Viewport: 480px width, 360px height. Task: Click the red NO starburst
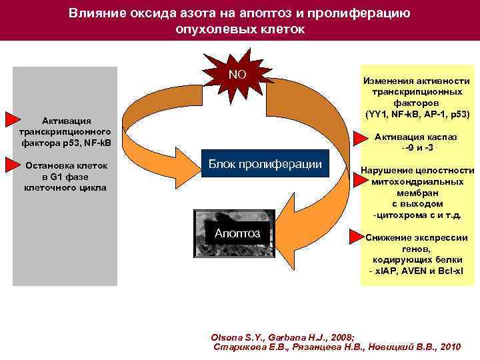click(237, 75)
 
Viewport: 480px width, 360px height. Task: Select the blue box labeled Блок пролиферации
click(265, 165)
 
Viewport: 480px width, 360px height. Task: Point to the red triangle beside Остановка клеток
click(13, 163)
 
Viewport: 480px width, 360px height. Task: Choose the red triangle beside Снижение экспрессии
click(359, 235)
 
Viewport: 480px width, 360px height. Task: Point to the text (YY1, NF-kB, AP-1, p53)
click(417, 114)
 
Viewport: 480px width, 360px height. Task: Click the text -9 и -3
click(417, 147)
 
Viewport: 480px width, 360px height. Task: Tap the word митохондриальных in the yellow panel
click(417, 181)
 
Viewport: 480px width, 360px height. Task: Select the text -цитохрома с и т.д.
click(417, 215)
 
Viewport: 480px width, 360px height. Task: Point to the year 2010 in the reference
click(451, 347)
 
